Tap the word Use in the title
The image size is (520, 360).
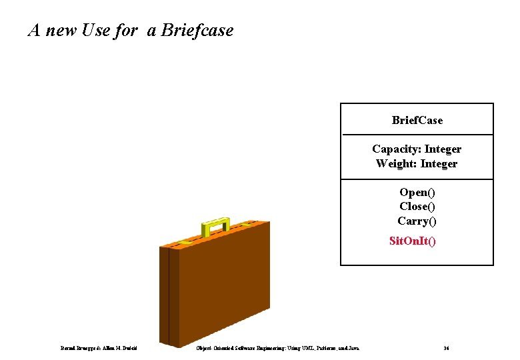pos(95,31)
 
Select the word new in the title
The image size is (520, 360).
pos(61,31)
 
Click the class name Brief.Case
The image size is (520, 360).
pos(417,121)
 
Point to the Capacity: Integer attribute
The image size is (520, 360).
pos(417,149)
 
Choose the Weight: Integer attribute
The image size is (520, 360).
pos(417,164)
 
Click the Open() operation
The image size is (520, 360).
pos(417,193)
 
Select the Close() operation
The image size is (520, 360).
pos(417,207)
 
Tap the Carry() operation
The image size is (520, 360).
pos(417,221)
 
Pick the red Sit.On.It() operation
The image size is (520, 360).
pos(413,241)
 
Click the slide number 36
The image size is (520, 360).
pos(446,348)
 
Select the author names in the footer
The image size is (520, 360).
pos(98,348)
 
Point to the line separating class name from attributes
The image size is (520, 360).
pos(417,135)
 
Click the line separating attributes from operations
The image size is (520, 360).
pos(417,179)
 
